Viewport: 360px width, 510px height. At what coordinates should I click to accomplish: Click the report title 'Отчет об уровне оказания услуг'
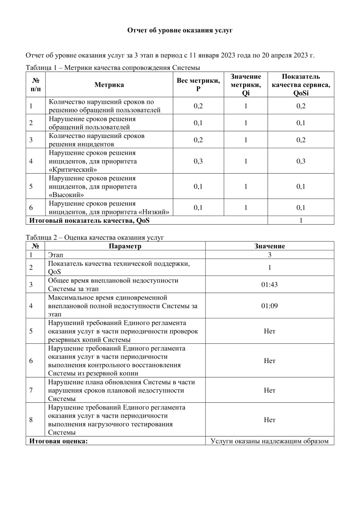(x=180, y=30)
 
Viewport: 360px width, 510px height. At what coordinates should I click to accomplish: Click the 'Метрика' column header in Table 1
(x=109, y=85)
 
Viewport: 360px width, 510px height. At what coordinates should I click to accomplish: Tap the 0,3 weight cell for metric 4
(x=198, y=161)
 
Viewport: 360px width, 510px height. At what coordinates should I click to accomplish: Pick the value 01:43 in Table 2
(x=269, y=285)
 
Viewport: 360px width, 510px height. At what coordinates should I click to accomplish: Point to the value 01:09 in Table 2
(x=269, y=306)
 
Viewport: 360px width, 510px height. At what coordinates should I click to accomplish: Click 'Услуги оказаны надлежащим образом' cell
(x=269, y=441)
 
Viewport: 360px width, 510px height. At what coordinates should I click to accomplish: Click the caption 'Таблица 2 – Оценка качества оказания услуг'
(x=95, y=238)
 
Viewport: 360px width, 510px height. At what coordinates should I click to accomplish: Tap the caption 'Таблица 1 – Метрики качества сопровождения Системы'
(x=113, y=68)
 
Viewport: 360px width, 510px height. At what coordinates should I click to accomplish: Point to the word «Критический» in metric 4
(x=73, y=169)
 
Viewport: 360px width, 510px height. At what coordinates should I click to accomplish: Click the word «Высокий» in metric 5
(x=66, y=195)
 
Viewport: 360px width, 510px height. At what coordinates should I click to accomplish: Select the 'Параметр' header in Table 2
(x=125, y=246)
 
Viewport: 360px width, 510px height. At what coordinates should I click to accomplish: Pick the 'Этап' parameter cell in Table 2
(x=56, y=255)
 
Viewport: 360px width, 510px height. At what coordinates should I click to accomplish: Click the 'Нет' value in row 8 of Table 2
(x=269, y=420)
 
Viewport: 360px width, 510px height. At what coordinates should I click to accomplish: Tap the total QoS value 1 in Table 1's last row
(x=301, y=220)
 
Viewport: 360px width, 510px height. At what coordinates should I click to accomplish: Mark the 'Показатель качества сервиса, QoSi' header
(x=301, y=85)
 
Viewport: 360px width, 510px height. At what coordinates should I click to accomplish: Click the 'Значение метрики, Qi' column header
(x=245, y=85)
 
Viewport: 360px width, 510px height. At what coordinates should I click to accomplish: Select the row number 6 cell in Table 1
(x=31, y=208)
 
